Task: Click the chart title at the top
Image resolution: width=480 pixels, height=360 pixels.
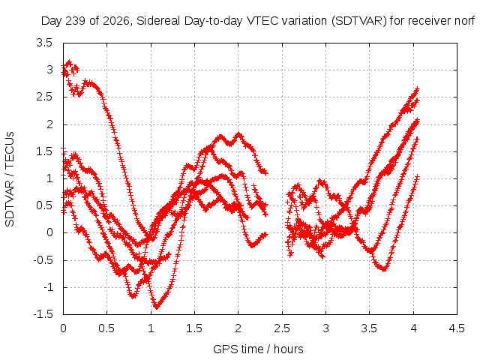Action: [x=258, y=21]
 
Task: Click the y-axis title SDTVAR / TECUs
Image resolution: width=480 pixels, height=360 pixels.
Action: [x=10, y=179]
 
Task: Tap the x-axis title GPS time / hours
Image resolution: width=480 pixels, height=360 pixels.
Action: [x=258, y=349]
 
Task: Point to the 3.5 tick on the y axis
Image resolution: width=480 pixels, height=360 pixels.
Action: [x=45, y=43]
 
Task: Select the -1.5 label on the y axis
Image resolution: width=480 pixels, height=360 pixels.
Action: [x=43, y=314]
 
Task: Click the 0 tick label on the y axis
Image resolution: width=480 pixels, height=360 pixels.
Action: [x=49, y=232]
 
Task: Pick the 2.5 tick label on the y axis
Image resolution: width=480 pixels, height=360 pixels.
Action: [x=45, y=97]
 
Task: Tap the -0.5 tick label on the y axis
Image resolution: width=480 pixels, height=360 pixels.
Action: [x=43, y=260]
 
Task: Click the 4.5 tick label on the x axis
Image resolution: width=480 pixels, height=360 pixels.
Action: [x=457, y=328]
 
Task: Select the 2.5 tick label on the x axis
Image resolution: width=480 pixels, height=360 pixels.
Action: [x=282, y=328]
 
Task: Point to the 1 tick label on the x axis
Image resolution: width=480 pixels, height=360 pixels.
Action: [x=151, y=328]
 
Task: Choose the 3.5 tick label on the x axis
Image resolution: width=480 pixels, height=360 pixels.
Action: [x=369, y=328]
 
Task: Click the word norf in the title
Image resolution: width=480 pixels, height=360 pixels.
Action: [x=464, y=21]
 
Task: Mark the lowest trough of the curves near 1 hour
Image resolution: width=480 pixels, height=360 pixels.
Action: [x=157, y=307]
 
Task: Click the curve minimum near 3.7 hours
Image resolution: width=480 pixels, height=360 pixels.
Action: [x=384, y=269]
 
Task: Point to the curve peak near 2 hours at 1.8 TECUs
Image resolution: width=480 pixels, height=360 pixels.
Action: [x=238, y=133]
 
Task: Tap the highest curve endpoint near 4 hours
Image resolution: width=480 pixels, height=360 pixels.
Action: [x=417, y=88]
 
